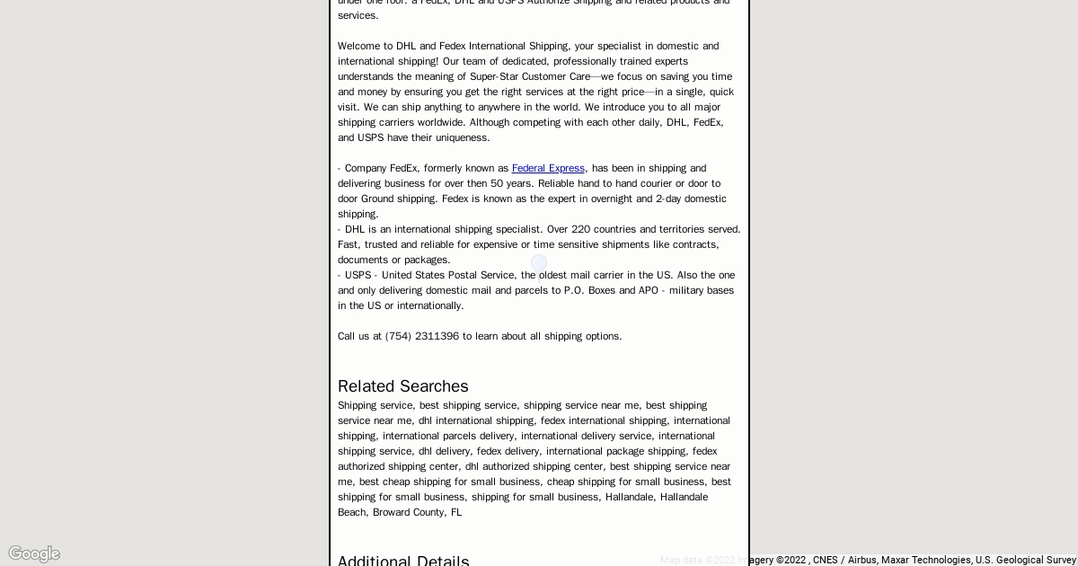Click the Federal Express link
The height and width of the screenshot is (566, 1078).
click(548, 168)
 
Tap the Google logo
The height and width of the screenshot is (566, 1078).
click(34, 553)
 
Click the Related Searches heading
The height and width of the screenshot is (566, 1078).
click(402, 386)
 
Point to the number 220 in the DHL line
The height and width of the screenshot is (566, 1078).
click(581, 229)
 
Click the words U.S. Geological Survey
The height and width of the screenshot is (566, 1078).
click(1026, 560)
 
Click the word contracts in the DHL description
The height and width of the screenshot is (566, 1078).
click(697, 244)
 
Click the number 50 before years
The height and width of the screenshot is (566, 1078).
click(497, 183)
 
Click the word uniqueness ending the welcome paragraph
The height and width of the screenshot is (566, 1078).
click(462, 137)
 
